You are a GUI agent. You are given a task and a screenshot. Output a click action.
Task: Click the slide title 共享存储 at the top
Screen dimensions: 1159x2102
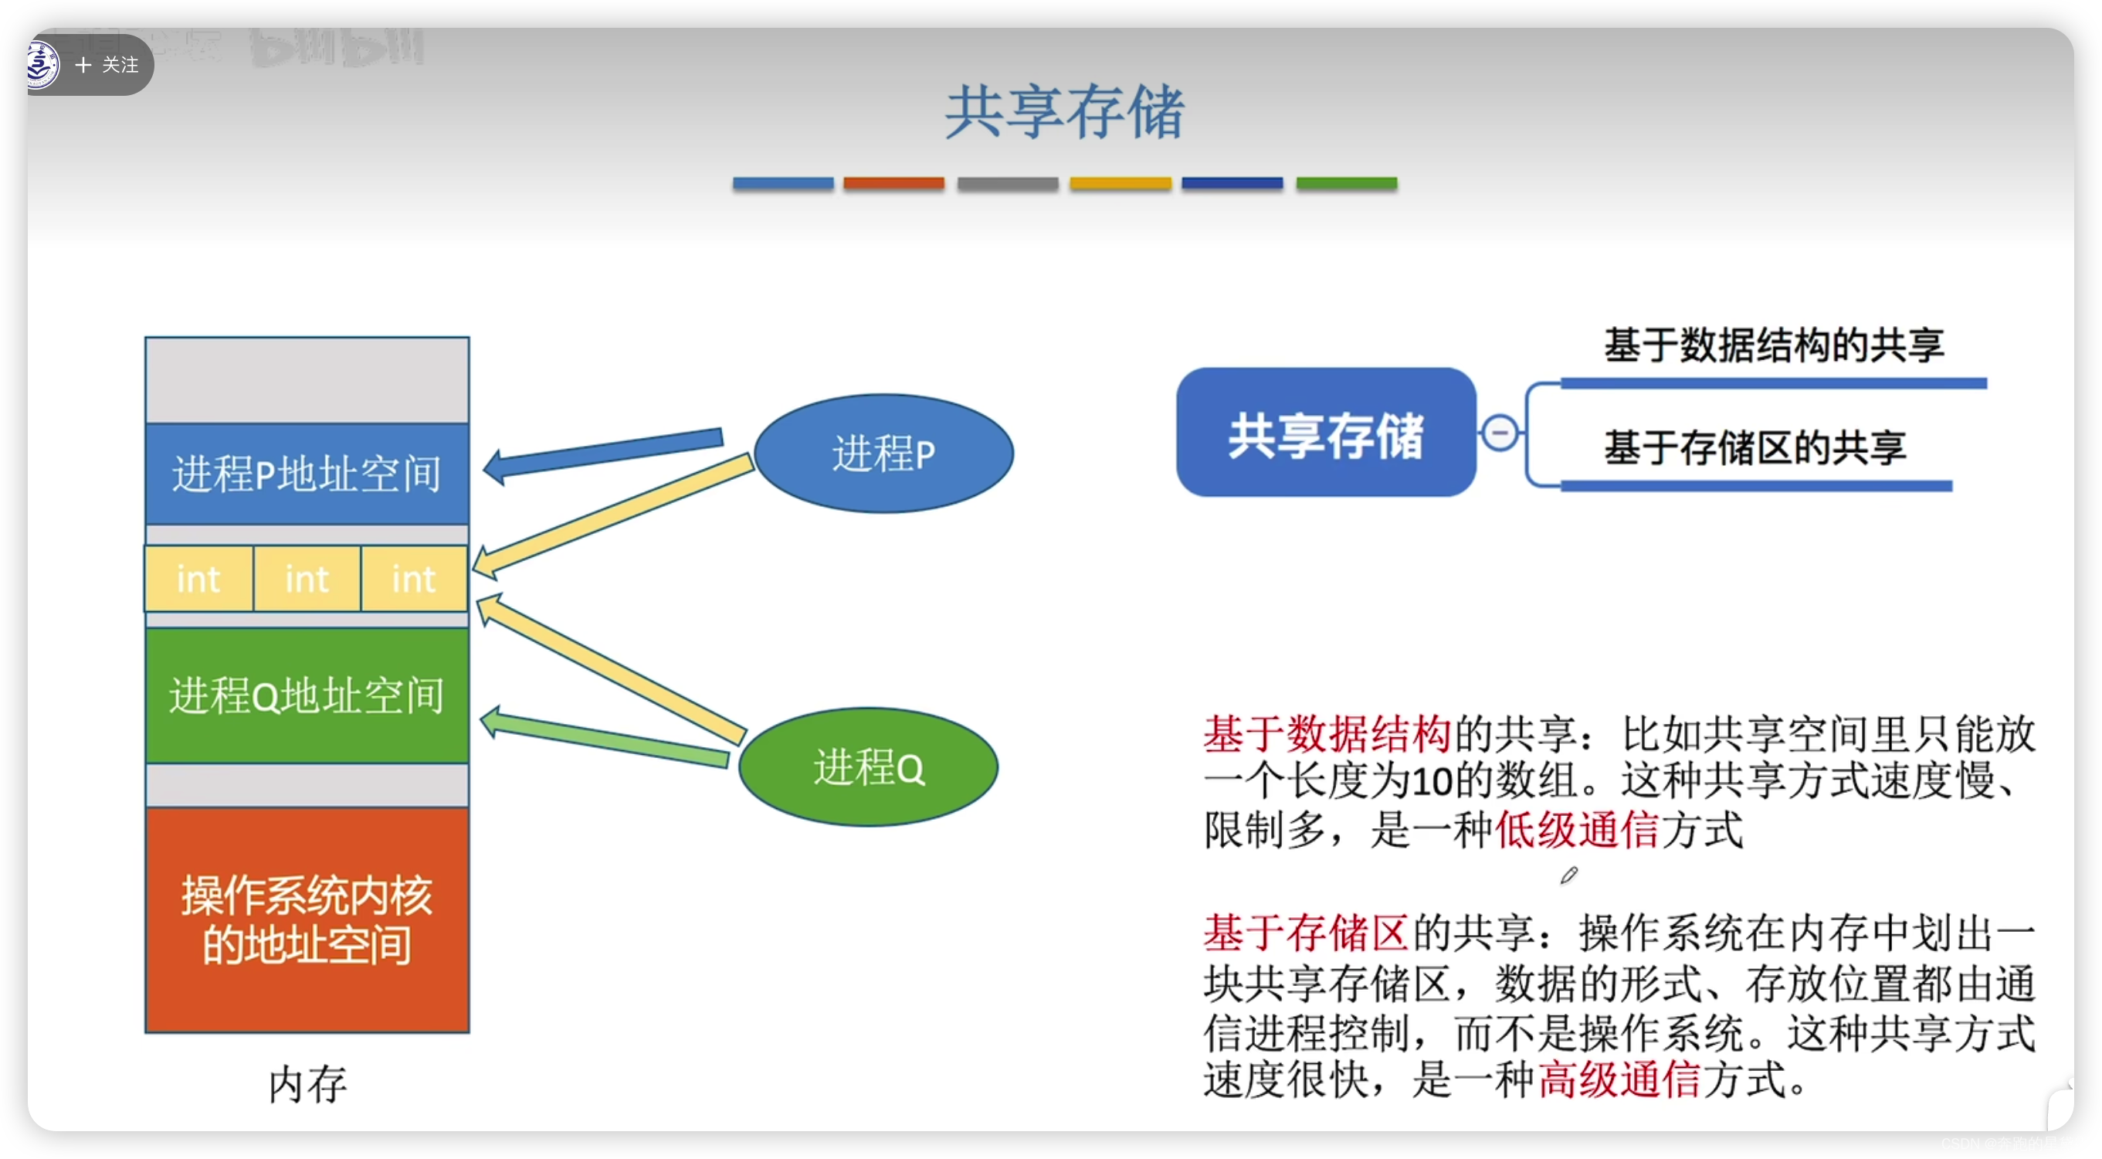tap(1064, 112)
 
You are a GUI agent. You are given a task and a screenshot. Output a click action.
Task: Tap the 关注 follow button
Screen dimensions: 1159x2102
tap(107, 64)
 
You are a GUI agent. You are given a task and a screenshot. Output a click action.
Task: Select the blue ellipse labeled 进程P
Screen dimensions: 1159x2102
tap(883, 454)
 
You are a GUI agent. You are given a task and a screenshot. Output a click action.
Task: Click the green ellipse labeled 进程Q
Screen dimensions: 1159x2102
tap(868, 767)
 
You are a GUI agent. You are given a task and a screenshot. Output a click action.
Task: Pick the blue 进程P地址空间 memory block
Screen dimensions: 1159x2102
tap(307, 474)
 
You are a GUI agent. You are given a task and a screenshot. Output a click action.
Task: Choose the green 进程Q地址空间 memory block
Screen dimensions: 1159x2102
tap(307, 695)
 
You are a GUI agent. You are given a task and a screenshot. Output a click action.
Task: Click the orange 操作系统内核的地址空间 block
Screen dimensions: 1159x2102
tap(307, 919)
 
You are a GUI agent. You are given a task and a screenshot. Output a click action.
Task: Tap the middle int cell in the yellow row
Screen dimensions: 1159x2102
tap(307, 579)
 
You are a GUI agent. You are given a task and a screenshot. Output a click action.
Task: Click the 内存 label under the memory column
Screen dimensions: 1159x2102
tap(307, 1085)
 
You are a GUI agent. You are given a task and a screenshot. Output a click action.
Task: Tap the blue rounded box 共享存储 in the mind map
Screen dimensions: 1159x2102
tap(1325, 433)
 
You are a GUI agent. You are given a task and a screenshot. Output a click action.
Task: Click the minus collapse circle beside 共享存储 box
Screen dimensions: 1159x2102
tap(1500, 433)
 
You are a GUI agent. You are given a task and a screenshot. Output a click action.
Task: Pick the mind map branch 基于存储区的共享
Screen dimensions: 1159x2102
tap(1754, 448)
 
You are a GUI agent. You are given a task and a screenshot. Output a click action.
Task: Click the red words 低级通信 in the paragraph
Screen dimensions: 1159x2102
tap(1578, 831)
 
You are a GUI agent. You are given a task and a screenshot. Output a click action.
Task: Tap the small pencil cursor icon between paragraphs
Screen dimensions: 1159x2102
tap(1568, 875)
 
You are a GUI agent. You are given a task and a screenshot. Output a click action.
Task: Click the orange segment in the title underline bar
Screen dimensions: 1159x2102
tap(893, 184)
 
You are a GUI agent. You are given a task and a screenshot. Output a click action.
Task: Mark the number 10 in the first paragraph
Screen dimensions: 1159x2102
tap(1432, 782)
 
